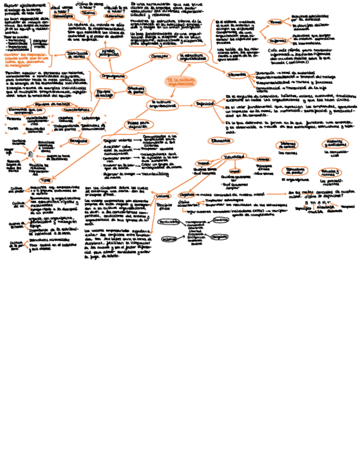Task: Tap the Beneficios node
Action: click(x=79, y=141)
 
